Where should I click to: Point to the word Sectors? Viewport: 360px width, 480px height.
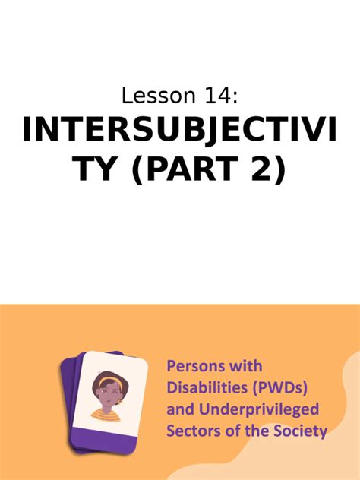(x=191, y=431)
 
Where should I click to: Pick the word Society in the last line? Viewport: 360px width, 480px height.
(x=302, y=431)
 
